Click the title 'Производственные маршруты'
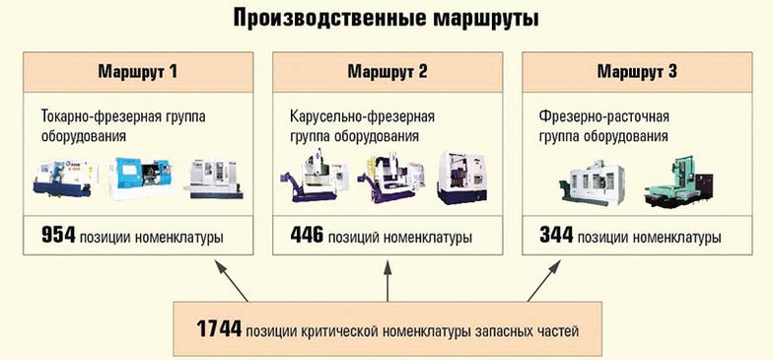pos(386,19)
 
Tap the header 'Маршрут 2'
pos(386,72)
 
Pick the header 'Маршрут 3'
pos(635,72)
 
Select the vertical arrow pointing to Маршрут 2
pos(386,279)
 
